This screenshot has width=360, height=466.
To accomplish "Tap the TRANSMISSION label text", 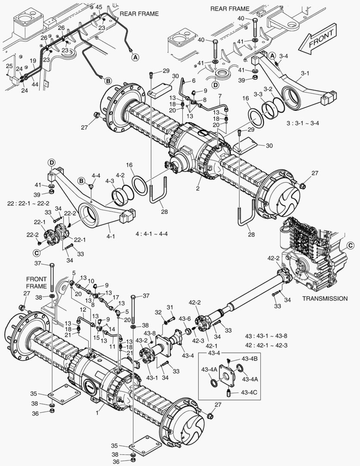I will [x=325, y=298].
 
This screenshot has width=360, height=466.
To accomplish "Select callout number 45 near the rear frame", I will [x=99, y=7].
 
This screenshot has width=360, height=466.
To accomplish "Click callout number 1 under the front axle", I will [x=97, y=412].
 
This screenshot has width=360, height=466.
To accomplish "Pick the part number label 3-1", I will [x=305, y=73].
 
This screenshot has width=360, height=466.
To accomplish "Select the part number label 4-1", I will [x=111, y=236].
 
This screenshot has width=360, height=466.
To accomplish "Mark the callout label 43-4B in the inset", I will [x=249, y=359].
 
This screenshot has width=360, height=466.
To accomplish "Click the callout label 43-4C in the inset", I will [x=249, y=392].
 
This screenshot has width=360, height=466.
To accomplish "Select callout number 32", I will [x=158, y=312].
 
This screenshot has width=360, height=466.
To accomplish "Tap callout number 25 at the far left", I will [x=9, y=66].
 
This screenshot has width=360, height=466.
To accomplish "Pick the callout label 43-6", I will [x=185, y=319].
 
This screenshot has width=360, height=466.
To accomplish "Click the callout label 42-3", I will [x=199, y=340].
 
